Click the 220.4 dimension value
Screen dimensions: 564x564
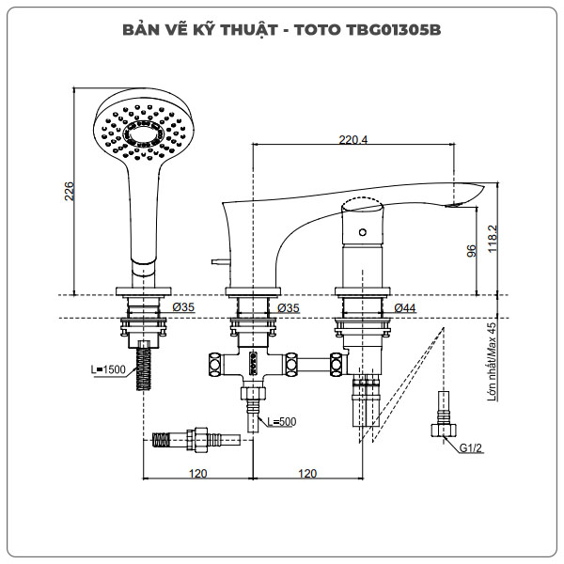pyautogui.click(x=352, y=140)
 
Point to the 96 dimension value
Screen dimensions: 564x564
pyautogui.click(x=472, y=249)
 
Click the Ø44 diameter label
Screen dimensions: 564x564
pyautogui.click(x=405, y=307)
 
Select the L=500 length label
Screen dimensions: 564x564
pyautogui.click(x=281, y=421)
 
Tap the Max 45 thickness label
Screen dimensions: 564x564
pyautogui.click(x=492, y=362)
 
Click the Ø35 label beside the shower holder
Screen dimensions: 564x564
pyautogui.click(x=183, y=307)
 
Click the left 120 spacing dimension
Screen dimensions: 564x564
pyautogui.click(x=196, y=473)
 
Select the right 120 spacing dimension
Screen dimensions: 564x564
pyautogui.click(x=306, y=473)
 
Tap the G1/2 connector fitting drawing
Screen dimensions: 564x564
pyautogui.click(x=442, y=419)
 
